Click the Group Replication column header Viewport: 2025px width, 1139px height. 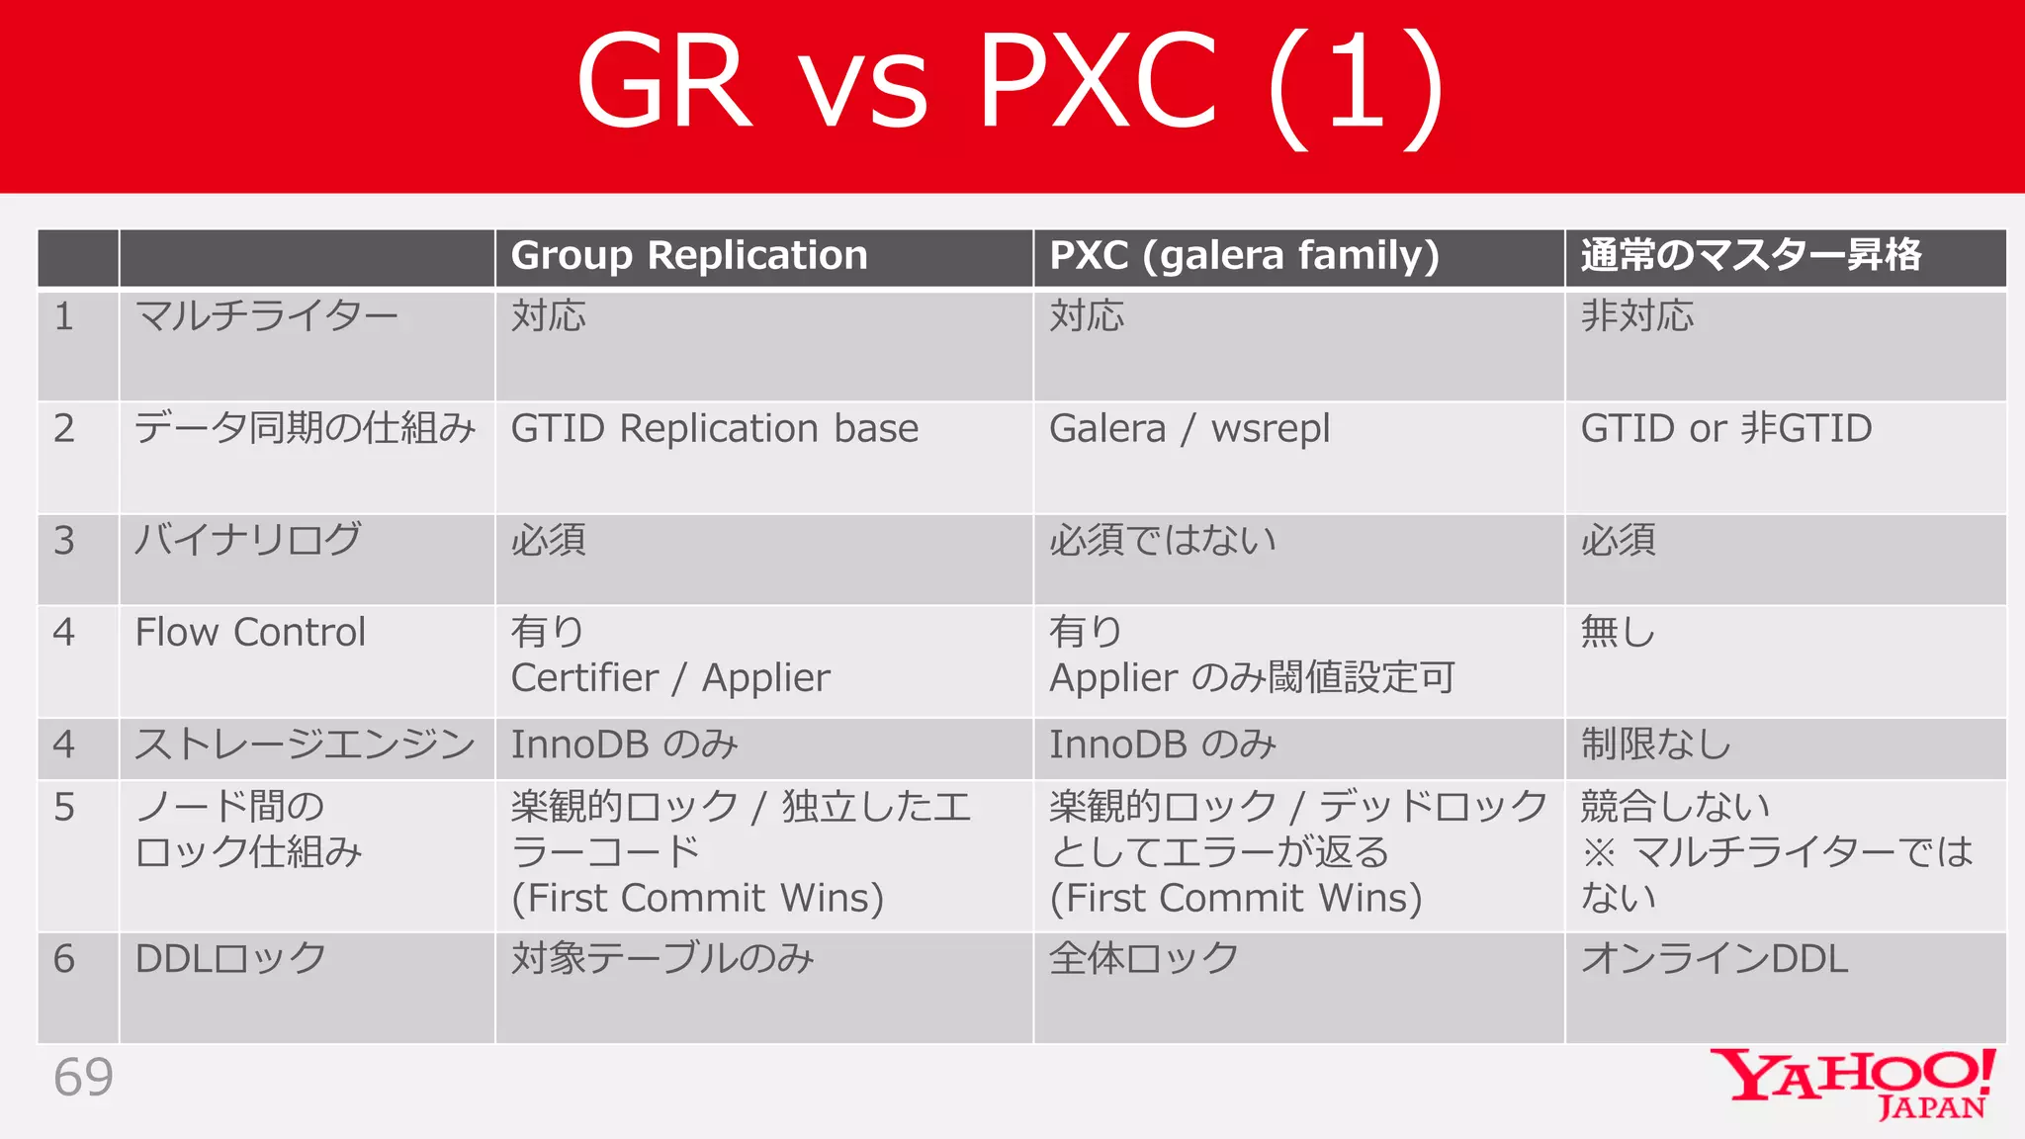[689, 256]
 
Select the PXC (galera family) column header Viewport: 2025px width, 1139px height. [1244, 256]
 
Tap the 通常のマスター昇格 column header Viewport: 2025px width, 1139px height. [1750, 256]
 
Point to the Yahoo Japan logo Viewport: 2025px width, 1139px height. [1853, 1084]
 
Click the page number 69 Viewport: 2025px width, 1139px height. [83, 1077]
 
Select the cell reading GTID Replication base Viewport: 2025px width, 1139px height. [714, 429]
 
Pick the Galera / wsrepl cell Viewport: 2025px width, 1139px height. [1189, 429]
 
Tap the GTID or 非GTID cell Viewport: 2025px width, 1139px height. [1725, 429]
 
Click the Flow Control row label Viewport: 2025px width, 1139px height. [250, 633]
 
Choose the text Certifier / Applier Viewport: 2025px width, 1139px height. [669, 678]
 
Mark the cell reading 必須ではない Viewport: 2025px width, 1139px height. [1163, 541]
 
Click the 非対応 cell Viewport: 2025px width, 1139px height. [1636, 316]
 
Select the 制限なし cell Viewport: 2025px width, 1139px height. [1655, 745]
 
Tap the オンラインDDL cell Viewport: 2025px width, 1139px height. [1714, 959]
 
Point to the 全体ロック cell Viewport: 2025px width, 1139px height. [1143, 959]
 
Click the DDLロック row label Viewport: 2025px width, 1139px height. [230, 959]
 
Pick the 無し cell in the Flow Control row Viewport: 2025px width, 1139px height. [1617, 633]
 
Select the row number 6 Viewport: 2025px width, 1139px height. [64, 959]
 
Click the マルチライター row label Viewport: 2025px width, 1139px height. [266, 316]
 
